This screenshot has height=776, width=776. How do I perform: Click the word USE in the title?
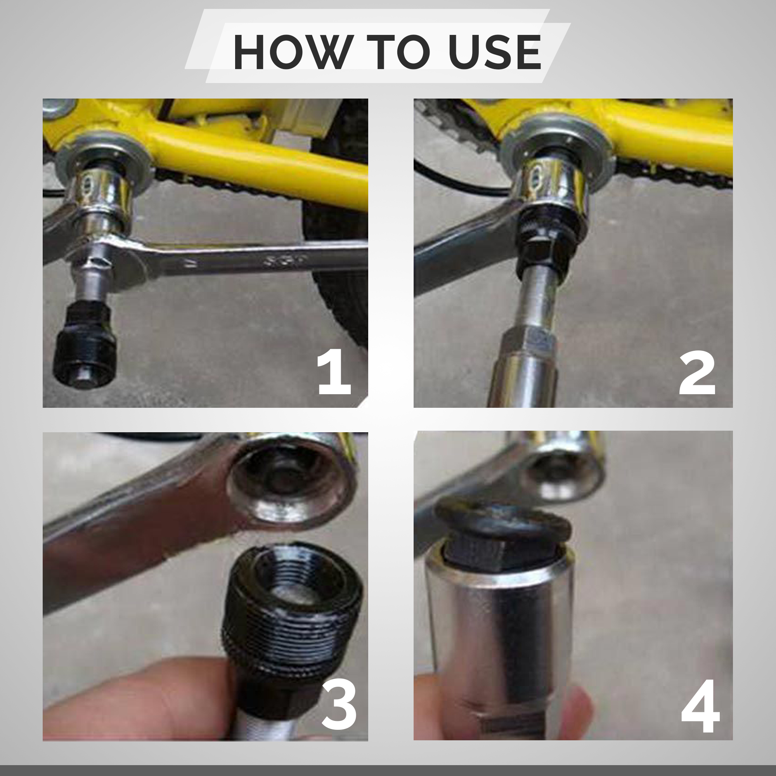tap(495, 52)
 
